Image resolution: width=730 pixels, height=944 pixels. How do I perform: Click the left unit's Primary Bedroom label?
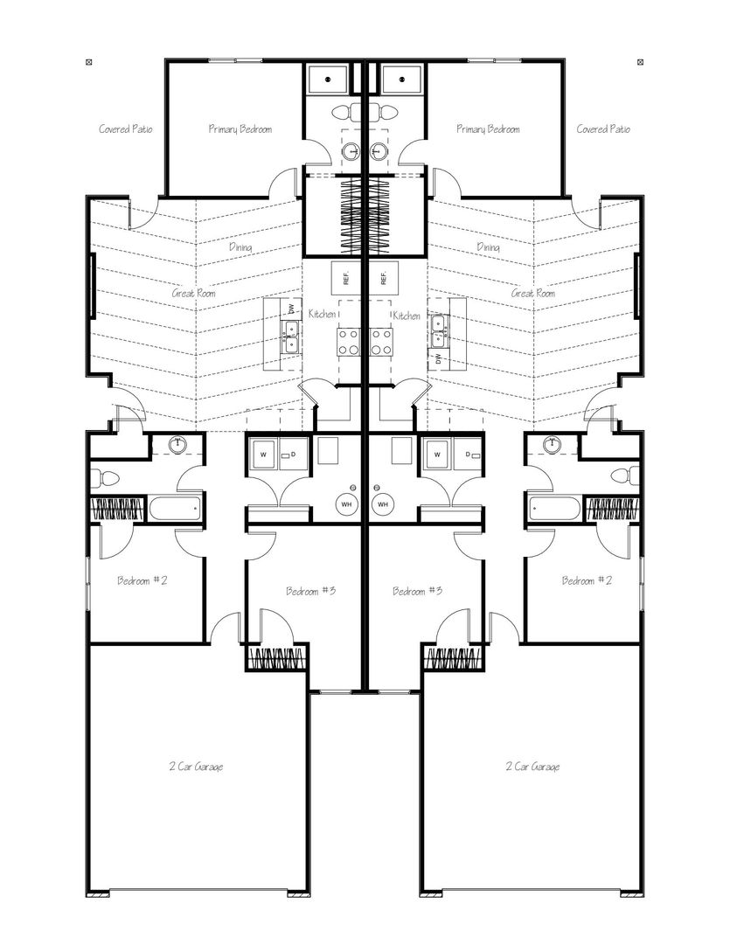coord(240,128)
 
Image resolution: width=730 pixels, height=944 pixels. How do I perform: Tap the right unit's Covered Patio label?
coord(603,128)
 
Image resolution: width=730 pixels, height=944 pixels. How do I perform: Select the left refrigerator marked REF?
coord(346,278)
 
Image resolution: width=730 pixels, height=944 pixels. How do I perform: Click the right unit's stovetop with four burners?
coord(382,342)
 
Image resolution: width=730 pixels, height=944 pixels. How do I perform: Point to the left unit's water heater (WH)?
coord(347,504)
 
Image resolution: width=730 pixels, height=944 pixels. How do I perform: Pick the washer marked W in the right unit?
coord(439,455)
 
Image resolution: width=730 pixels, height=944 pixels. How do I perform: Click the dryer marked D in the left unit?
coord(294,455)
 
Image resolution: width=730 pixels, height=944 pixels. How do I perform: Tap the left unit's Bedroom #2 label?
coord(143,580)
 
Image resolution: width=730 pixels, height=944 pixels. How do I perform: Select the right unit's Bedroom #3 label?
coord(417,591)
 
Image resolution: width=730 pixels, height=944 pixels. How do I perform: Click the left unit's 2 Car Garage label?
coord(197,767)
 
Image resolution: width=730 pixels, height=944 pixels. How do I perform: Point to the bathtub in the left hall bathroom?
coord(175,509)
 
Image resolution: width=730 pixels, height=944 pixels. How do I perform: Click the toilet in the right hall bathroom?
coord(624,475)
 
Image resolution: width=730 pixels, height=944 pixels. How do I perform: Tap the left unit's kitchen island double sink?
coord(291,337)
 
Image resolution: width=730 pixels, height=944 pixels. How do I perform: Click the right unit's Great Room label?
coord(533,293)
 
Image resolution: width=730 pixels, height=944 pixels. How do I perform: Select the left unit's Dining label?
coord(240,246)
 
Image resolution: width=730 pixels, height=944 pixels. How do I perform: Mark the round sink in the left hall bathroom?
coord(177,445)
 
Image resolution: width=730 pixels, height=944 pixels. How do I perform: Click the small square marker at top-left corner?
coord(89,61)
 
